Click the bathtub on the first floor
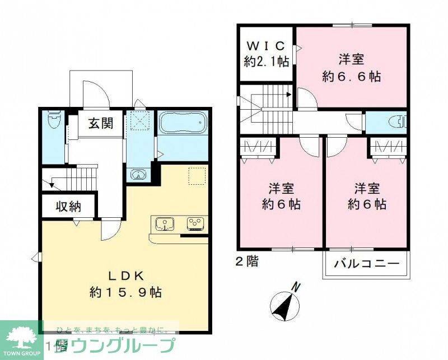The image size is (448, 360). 183,124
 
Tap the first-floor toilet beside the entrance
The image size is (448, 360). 54,121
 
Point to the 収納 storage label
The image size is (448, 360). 68,207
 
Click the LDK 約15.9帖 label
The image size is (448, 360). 126,284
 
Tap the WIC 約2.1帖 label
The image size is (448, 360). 267,53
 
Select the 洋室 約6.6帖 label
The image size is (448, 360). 352,67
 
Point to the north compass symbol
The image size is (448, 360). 284,306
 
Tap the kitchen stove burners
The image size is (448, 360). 194,223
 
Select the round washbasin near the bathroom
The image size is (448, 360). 137,174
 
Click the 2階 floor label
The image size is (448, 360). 246,261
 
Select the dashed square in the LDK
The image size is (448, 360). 197,176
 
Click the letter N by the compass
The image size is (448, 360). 297,288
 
